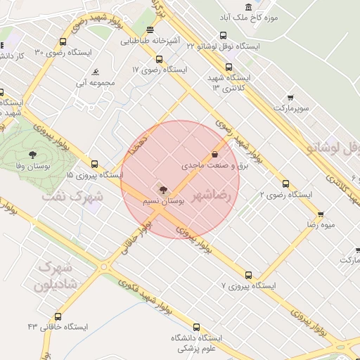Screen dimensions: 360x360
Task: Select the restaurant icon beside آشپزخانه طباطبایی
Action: click(x=150, y=30)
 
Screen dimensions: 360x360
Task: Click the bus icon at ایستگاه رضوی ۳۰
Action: click(x=63, y=41)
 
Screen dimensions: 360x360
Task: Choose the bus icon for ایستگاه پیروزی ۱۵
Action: click(x=95, y=163)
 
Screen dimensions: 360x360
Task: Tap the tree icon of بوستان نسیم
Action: click(x=163, y=189)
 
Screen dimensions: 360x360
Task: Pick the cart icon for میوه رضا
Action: click(x=321, y=215)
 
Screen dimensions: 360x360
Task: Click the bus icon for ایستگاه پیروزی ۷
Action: click(x=247, y=275)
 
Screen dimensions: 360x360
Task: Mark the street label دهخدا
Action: click(x=137, y=143)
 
